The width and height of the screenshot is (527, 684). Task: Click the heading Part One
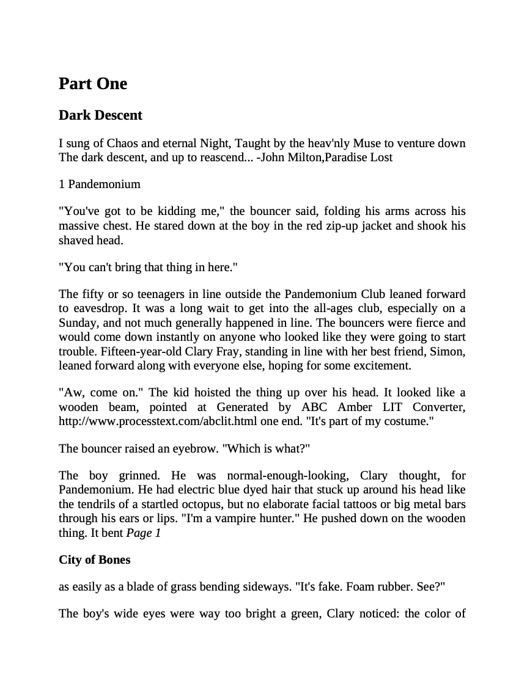(93, 84)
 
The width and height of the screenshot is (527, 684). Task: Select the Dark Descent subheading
(100, 115)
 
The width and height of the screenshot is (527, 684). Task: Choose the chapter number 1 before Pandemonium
(62, 184)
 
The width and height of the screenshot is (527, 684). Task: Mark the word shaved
(75, 240)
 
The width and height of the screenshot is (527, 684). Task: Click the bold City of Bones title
(95, 559)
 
